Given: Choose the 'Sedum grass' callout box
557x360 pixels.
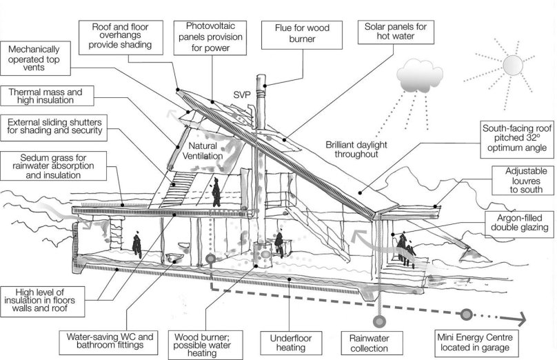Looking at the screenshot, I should tap(55, 166).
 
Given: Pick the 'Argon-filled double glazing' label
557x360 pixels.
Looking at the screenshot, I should tap(517, 221).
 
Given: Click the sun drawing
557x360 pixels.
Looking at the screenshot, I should tap(512, 66).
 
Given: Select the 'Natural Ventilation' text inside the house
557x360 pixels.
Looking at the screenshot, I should tap(201, 152).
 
